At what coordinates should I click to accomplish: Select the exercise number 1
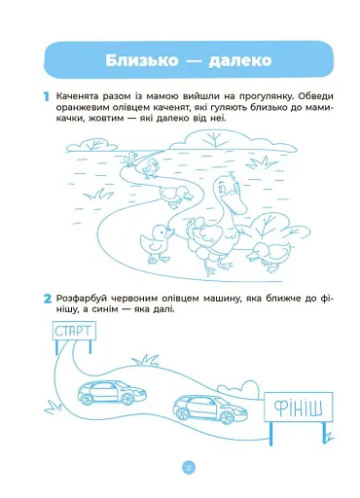pyautogui.click(x=46, y=95)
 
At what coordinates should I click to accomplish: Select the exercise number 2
pyautogui.click(x=46, y=298)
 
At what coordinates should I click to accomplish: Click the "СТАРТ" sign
pyautogui.click(x=74, y=332)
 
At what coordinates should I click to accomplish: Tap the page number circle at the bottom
pyautogui.click(x=189, y=468)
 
